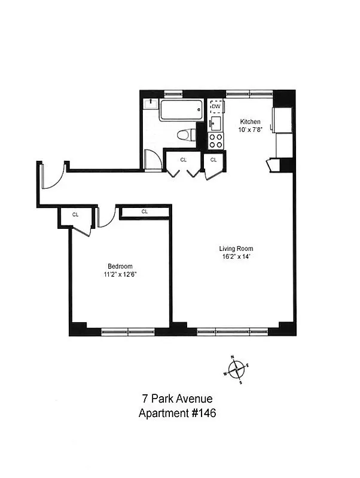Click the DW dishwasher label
point(216,107)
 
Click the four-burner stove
point(215,140)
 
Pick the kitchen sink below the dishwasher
point(215,124)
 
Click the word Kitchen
point(250,121)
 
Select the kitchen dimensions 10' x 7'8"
point(250,129)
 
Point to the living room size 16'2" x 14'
point(236,258)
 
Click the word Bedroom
point(120,266)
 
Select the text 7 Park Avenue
point(177,399)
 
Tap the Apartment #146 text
point(177,413)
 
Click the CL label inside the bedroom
point(145,212)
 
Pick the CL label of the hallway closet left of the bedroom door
point(75,215)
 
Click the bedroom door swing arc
point(105,219)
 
